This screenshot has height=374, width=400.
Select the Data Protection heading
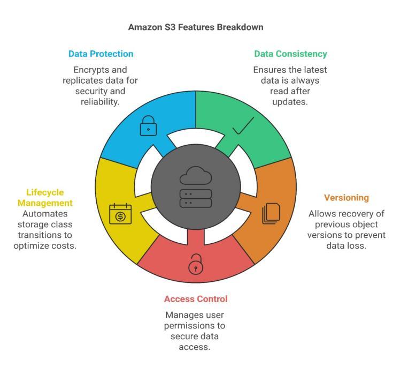pos(101,54)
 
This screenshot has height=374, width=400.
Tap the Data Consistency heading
pos(290,54)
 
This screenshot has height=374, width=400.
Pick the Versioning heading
pos(346,198)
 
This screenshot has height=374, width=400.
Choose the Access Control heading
pos(196,298)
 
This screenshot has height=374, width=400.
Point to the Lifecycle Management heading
pos(45,198)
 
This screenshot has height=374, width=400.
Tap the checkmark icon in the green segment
pos(243,126)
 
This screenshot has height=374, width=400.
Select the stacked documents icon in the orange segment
pos(271,213)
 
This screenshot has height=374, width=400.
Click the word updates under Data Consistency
pos(290,101)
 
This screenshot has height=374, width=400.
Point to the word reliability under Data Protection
pos(101,101)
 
